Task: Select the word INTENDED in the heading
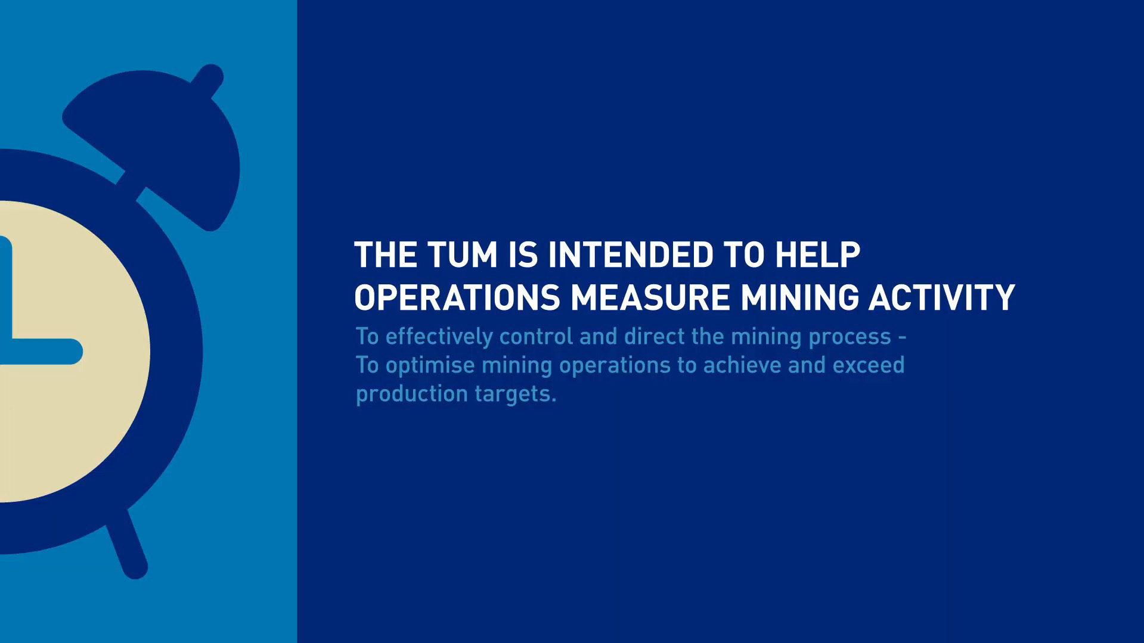[630, 255]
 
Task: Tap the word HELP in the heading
[817, 255]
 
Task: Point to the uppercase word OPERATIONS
[457, 297]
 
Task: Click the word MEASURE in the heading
[650, 297]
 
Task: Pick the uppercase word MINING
[799, 297]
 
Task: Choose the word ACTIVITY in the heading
[942, 297]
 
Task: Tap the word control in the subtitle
[537, 337]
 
